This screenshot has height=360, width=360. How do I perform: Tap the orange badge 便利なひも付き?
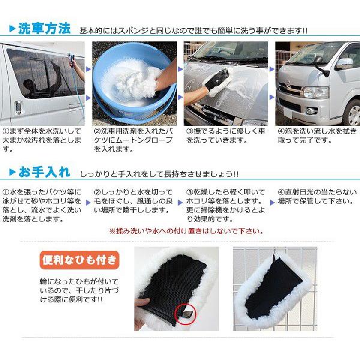[79, 260]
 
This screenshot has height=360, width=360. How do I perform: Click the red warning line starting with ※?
[186, 231]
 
